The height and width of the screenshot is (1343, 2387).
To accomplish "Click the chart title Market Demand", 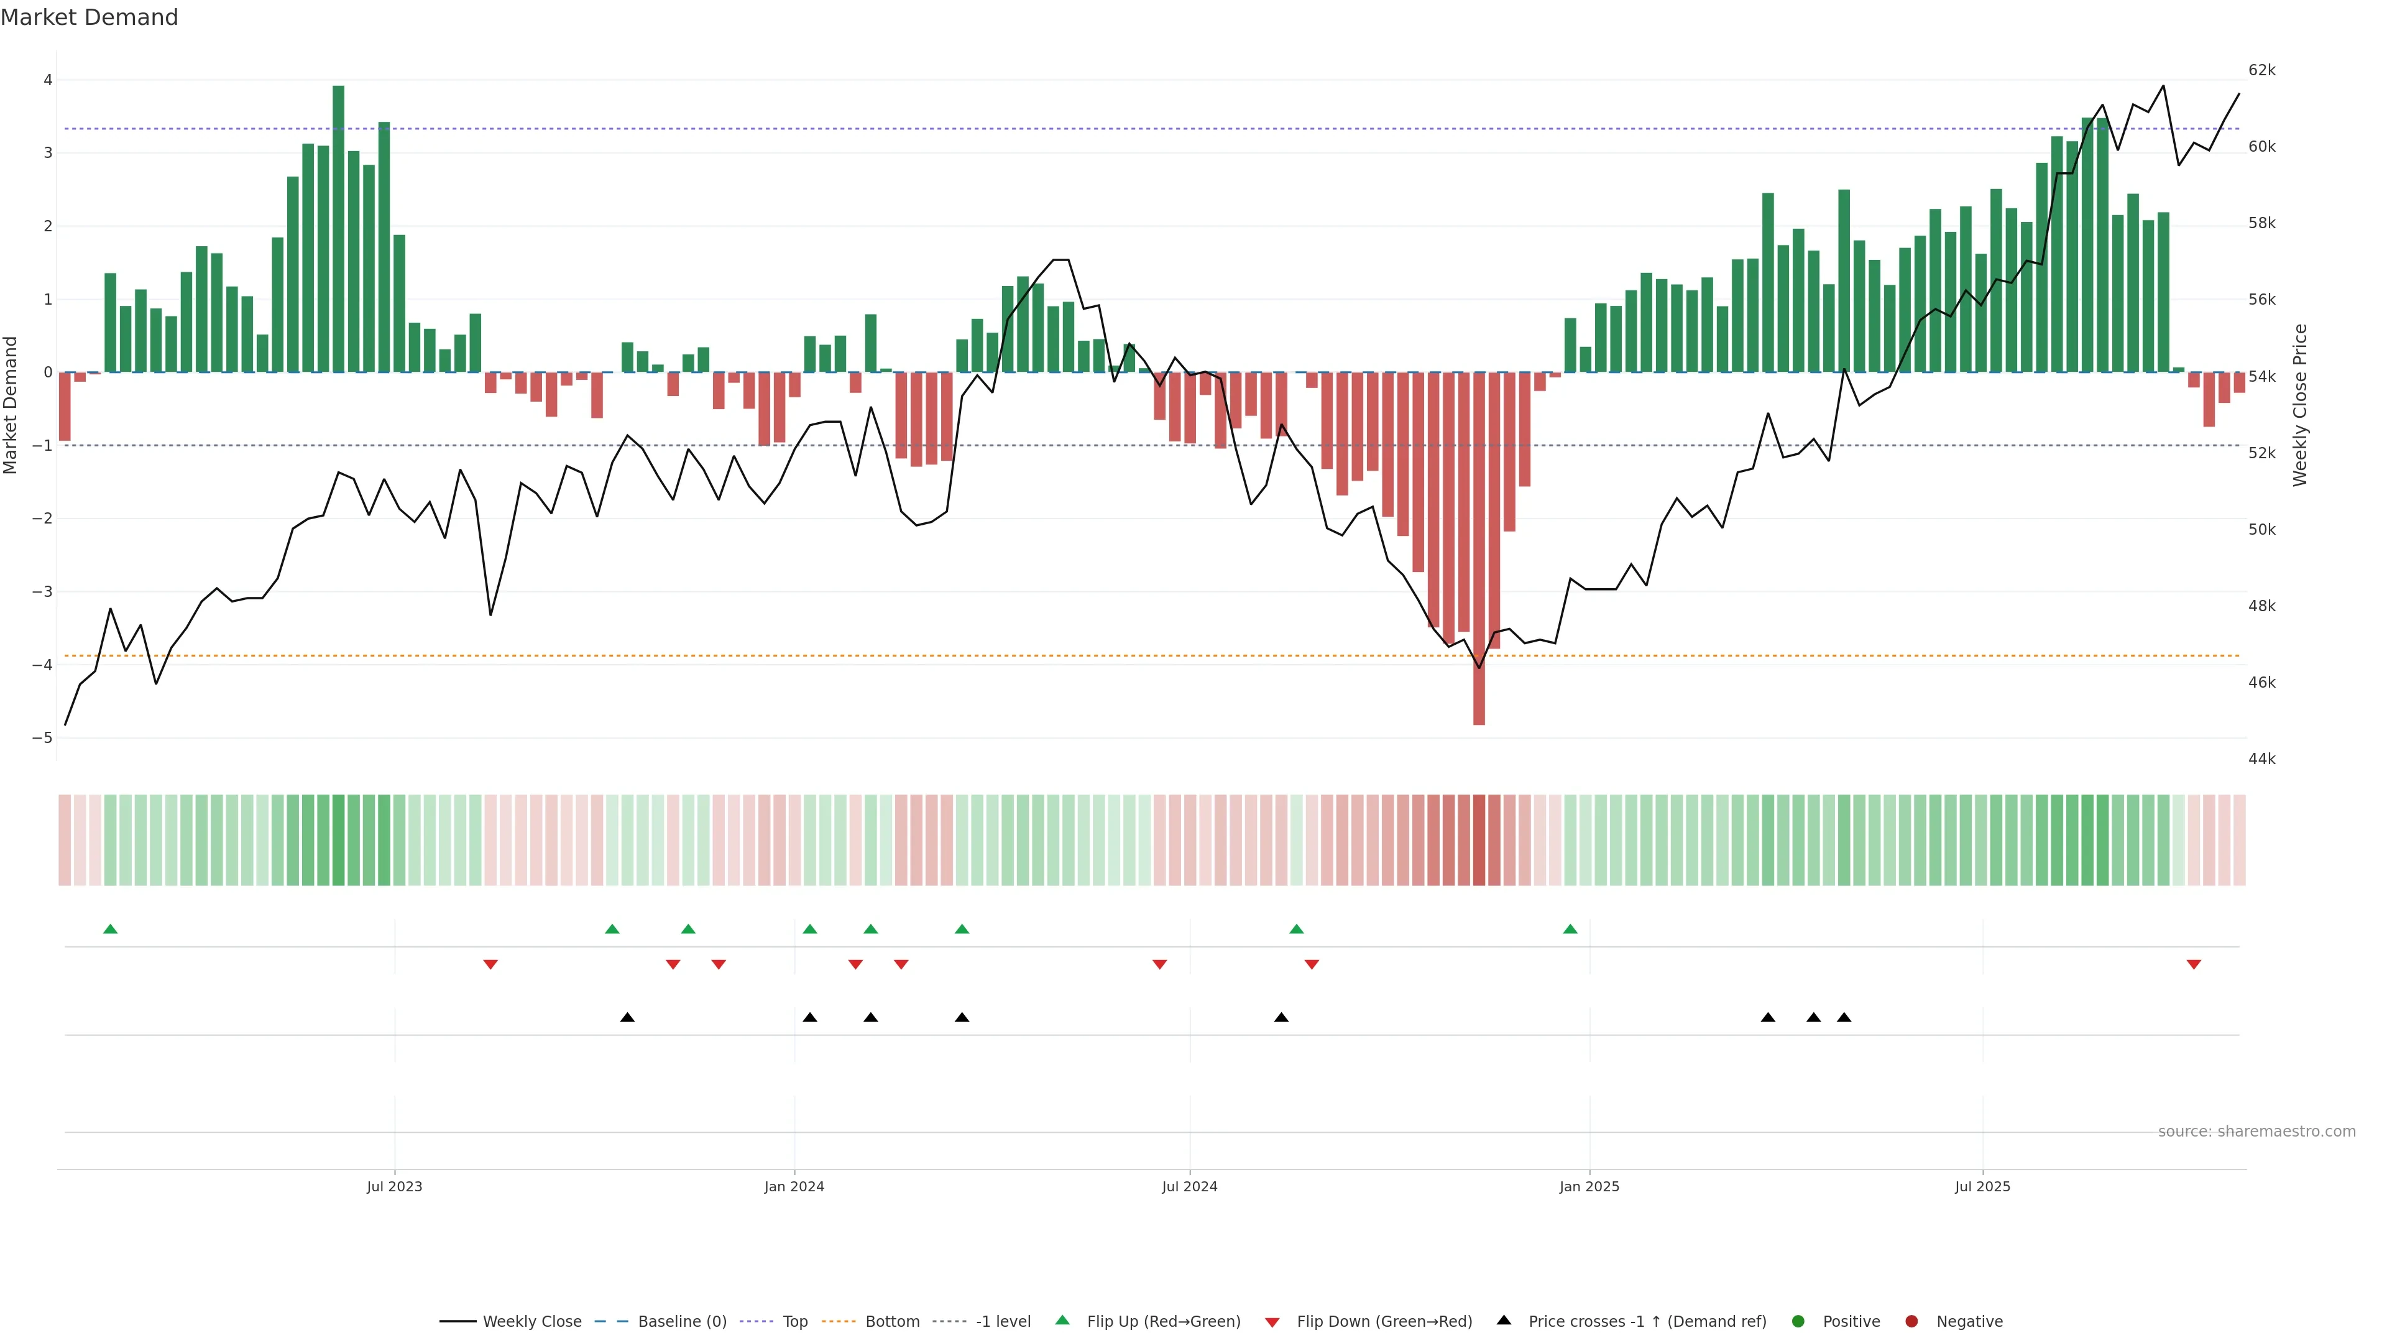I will (x=89, y=17).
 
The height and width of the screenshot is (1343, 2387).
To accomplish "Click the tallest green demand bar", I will (x=338, y=228).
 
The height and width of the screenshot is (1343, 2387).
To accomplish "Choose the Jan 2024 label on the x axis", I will (x=794, y=1186).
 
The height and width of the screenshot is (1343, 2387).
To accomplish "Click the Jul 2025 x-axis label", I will (x=1982, y=1186).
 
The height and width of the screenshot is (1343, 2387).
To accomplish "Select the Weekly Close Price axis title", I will (x=2300, y=405).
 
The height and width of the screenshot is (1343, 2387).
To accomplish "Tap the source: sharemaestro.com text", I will (x=2256, y=1132).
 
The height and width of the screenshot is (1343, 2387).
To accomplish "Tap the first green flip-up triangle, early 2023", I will (x=110, y=929).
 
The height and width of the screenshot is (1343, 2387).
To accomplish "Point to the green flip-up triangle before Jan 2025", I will (x=1570, y=929).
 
